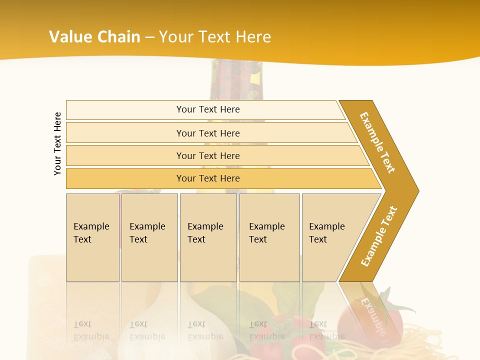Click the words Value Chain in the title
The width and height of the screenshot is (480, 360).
tap(94, 37)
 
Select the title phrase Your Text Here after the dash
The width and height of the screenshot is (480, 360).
tap(214, 37)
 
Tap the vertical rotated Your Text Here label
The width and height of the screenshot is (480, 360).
tap(57, 143)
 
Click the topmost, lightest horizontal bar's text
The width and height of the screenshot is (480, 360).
tap(208, 109)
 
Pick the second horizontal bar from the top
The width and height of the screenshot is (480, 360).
tap(208, 133)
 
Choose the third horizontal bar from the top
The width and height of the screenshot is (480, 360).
tap(208, 155)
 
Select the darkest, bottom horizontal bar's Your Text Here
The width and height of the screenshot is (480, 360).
tap(208, 178)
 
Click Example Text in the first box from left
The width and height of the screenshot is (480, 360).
tap(91, 233)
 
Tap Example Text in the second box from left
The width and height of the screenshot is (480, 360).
tap(147, 233)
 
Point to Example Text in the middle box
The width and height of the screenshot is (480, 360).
tap(205, 233)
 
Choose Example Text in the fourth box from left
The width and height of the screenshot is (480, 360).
tap(266, 233)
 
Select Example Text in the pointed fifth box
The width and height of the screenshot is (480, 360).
tap(326, 233)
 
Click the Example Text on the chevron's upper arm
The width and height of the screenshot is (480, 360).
tap(377, 142)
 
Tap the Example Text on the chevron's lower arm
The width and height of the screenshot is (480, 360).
tap(379, 236)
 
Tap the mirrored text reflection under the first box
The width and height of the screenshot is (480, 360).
tap(91, 330)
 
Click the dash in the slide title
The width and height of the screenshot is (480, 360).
tap(149, 37)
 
